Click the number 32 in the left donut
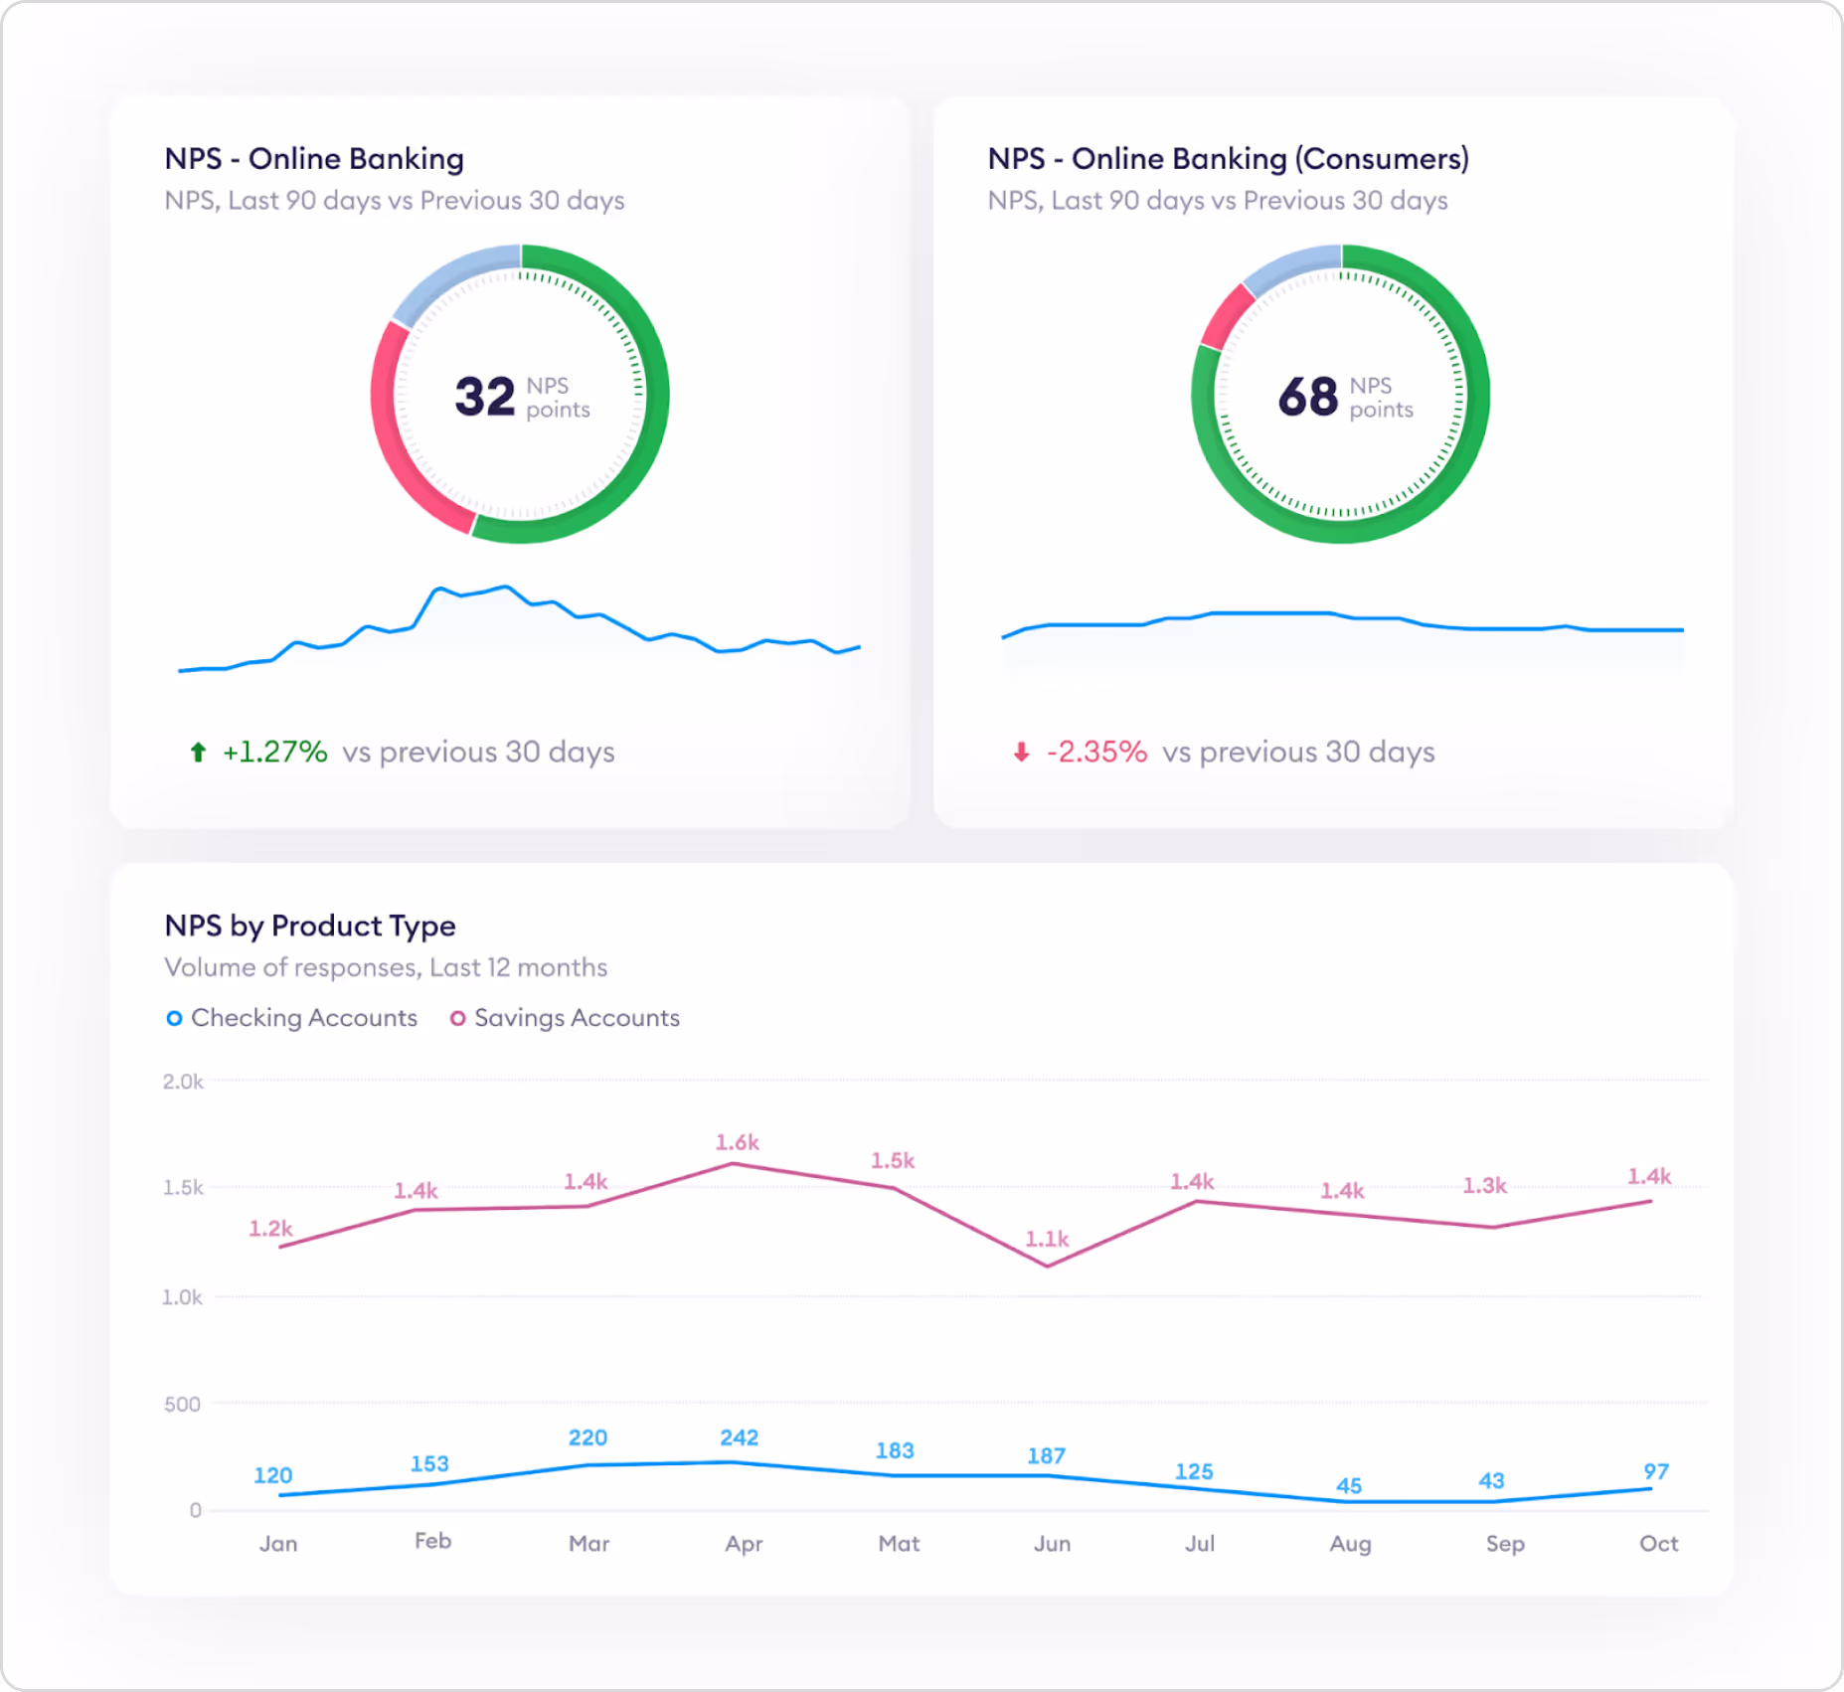[484, 397]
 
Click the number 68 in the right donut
[1307, 397]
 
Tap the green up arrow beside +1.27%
[198, 753]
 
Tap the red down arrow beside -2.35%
[1021, 753]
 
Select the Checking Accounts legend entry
[292, 1018]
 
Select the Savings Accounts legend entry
[565, 1018]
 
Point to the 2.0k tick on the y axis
[183, 1082]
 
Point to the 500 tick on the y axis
[182, 1404]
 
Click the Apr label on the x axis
[744, 1544]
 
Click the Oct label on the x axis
[1658, 1544]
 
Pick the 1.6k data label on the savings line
[738, 1143]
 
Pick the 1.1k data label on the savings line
[1047, 1239]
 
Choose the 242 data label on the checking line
[740, 1438]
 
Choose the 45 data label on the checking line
[1349, 1486]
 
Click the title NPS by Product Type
[310, 926]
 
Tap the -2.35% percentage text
[1096, 753]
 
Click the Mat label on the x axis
[899, 1544]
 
